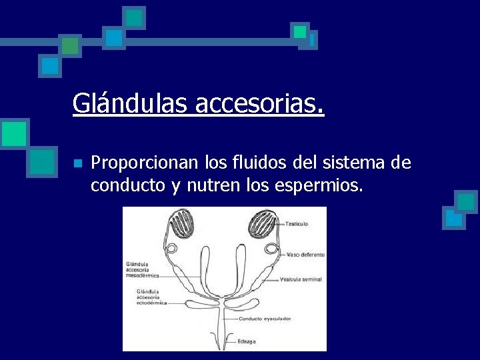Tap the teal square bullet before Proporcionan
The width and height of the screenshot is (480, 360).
coord(77,163)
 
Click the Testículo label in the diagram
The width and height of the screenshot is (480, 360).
coord(297,224)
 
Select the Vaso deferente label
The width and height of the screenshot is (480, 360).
coord(305,255)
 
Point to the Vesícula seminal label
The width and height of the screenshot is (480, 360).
coord(301,279)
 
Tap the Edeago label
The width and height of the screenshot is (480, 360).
coord(247,341)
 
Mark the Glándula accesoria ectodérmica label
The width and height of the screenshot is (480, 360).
coord(151,297)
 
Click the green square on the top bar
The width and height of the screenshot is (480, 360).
coord(70,45)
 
